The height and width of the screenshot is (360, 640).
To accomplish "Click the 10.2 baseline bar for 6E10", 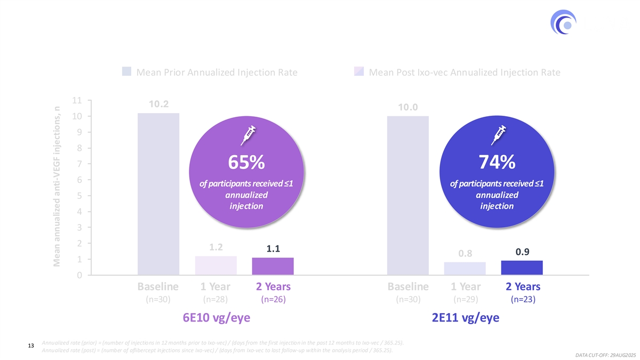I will [158, 194].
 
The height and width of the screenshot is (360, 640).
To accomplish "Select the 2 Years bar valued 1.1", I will [273, 266].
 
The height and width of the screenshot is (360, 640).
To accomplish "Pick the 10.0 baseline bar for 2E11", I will [408, 195].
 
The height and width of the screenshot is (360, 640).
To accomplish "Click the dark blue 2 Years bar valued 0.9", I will [522, 268].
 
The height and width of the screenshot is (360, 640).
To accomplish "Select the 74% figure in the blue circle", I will [497, 161].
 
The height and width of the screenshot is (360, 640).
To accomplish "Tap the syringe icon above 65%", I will [249, 134].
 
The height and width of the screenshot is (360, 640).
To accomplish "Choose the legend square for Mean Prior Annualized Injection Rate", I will [127, 72].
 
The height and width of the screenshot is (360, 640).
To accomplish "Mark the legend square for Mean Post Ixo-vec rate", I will [359, 72].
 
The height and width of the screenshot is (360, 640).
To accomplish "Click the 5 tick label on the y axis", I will [78, 196].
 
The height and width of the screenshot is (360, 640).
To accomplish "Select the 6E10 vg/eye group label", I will [216, 318].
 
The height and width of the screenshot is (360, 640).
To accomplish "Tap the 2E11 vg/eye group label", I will [466, 318].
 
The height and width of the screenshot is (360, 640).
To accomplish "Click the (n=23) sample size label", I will [522, 300].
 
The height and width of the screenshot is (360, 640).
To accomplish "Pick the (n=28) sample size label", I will [215, 300].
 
